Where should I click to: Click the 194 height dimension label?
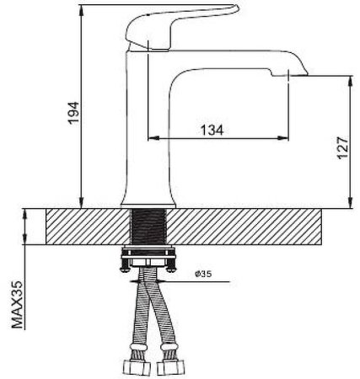point(74,113)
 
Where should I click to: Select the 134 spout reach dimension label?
point(212,130)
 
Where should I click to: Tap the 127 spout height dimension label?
point(343,148)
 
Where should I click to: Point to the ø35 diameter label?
point(203,274)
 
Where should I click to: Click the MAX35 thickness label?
point(17,304)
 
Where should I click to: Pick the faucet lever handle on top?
point(180,27)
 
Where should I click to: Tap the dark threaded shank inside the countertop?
point(149,227)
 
